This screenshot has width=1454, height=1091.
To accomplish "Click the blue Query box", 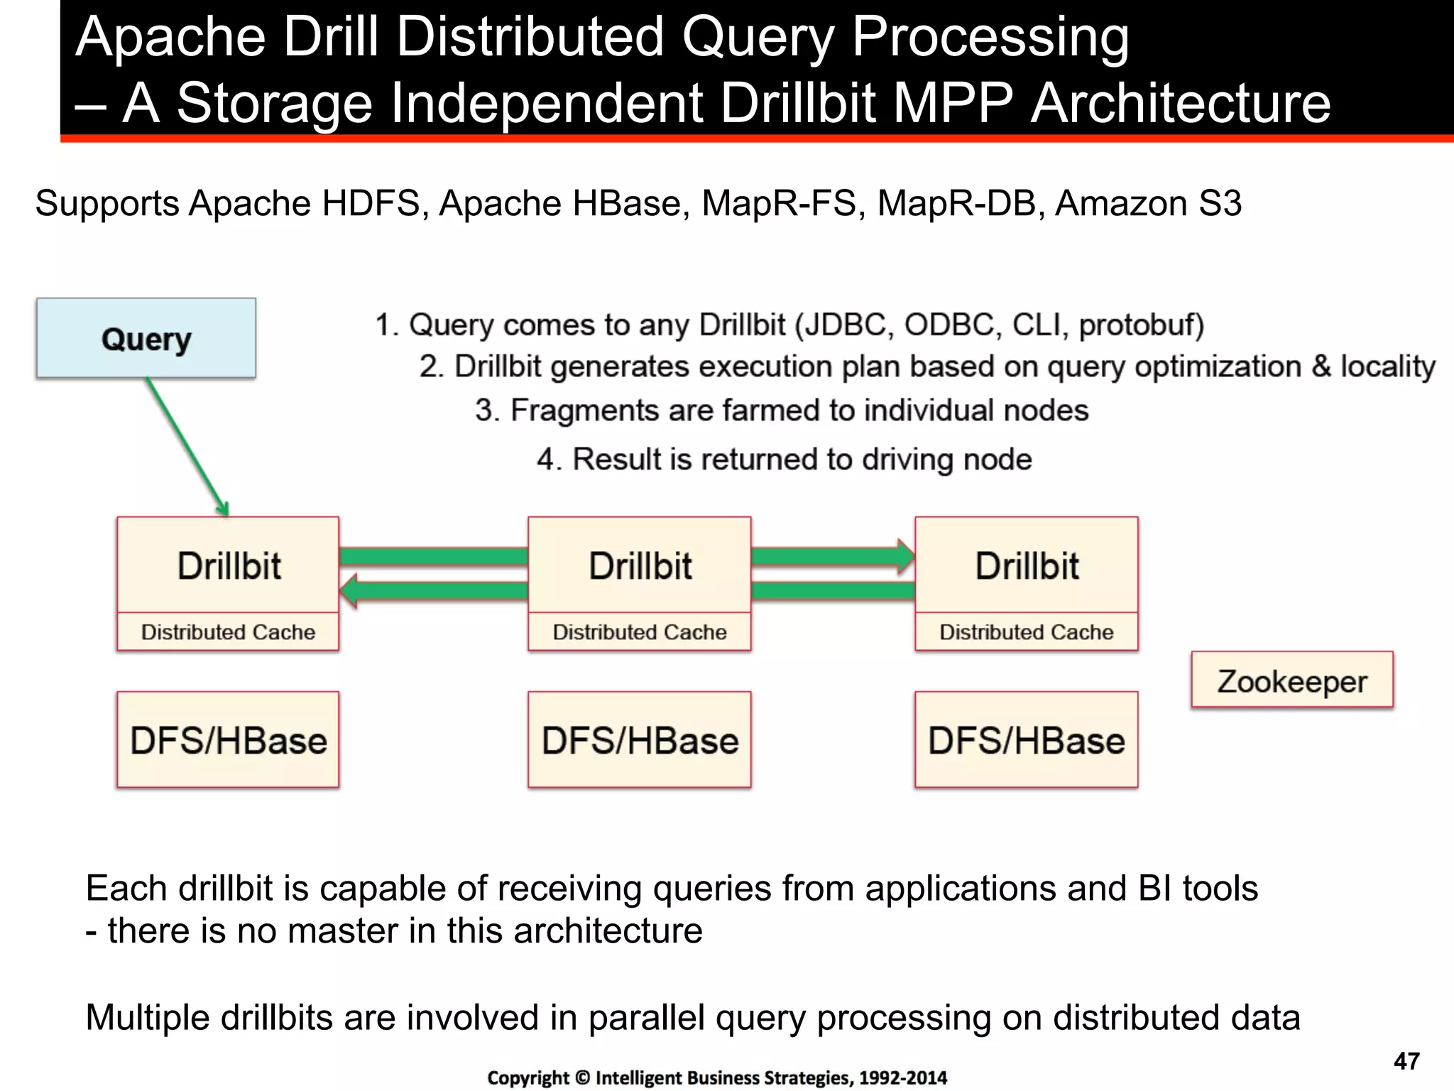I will [x=146, y=338].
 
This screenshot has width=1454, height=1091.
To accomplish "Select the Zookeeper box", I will [x=1291, y=680].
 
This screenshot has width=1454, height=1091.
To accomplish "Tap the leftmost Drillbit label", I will [x=229, y=566].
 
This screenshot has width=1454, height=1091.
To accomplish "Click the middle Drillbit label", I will [x=640, y=566].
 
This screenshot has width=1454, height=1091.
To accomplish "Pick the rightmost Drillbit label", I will [x=1026, y=566].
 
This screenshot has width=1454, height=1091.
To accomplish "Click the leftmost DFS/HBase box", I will [x=228, y=740].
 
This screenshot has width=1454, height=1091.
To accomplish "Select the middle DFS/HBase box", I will [x=640, y=740].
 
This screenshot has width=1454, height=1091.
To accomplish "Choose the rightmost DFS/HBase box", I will [x=1026, y=740].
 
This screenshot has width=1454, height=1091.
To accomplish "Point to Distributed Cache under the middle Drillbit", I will [x=640, y=632].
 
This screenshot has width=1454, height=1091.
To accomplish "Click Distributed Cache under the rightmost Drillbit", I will [x=1026, y=632].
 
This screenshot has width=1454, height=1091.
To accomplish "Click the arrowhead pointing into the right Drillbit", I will [x=905, y=556].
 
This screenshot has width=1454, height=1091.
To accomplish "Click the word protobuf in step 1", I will [x=1140, y=325].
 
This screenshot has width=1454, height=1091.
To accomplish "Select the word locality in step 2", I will [x=1387, y=367].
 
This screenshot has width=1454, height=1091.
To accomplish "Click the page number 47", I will [x=1406, y=1061].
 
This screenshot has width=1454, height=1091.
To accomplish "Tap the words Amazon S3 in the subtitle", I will [x=1148, y=204].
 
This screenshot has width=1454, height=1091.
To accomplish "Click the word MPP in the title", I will [x=951, y=103].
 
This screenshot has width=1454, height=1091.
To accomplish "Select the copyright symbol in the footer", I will [x=582, y=1078].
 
